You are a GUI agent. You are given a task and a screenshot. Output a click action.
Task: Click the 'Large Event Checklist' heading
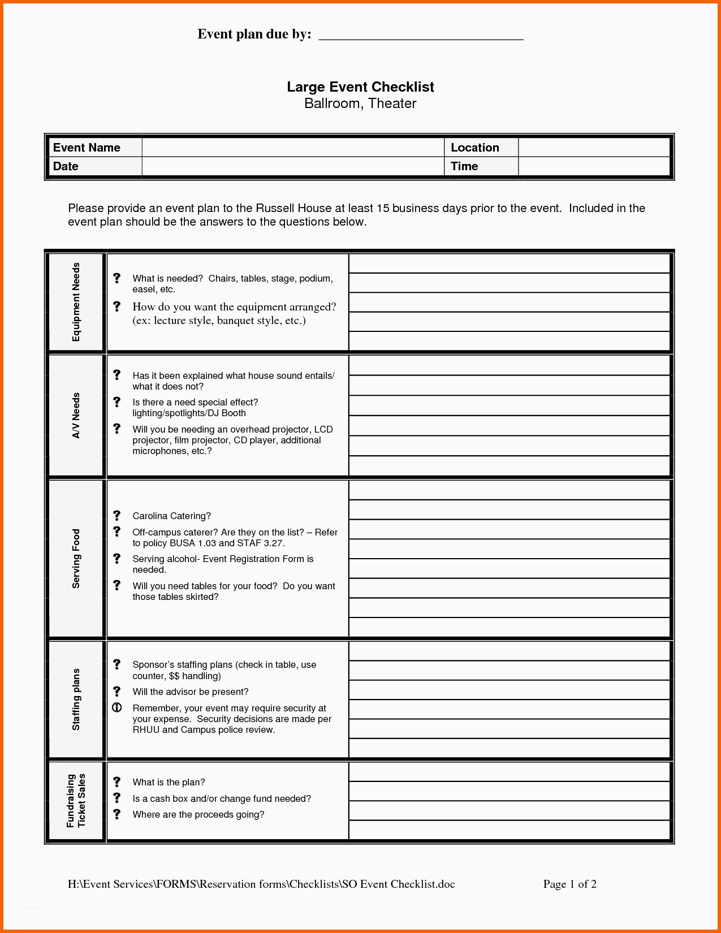point(360,87)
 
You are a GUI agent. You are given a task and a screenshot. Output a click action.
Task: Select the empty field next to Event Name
point(292,148)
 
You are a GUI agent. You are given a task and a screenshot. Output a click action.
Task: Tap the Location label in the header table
point(474,148)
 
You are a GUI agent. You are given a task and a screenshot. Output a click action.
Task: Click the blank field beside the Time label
point(594,166)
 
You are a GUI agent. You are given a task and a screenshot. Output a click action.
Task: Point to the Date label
point(66,166)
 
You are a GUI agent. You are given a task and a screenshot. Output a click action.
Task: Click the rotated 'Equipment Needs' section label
point(76,302)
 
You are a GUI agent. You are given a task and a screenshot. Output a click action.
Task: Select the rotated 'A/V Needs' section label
point(76,416)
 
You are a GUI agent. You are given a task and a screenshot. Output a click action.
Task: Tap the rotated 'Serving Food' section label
point(76,559)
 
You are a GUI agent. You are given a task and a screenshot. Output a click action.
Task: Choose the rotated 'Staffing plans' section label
point(76,699)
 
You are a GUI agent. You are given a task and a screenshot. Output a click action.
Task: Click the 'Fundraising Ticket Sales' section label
point(76,801)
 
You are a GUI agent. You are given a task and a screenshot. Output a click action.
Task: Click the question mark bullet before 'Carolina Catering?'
point(117,515)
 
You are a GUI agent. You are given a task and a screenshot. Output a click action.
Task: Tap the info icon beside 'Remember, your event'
point(117,707)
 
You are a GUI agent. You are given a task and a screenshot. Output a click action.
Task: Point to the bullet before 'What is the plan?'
point(117,781)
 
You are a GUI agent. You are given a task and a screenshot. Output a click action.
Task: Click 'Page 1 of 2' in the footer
point(569,884)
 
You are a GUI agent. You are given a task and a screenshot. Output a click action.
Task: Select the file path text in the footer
point(261,884)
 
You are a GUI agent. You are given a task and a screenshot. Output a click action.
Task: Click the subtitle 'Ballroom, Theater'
point(360,103)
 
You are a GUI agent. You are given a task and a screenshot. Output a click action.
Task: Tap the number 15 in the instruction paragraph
point(383,208)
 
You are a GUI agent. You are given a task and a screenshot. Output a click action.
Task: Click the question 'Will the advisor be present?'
point(191,692)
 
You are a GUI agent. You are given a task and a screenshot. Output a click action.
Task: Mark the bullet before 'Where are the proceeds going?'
point(117,814)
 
